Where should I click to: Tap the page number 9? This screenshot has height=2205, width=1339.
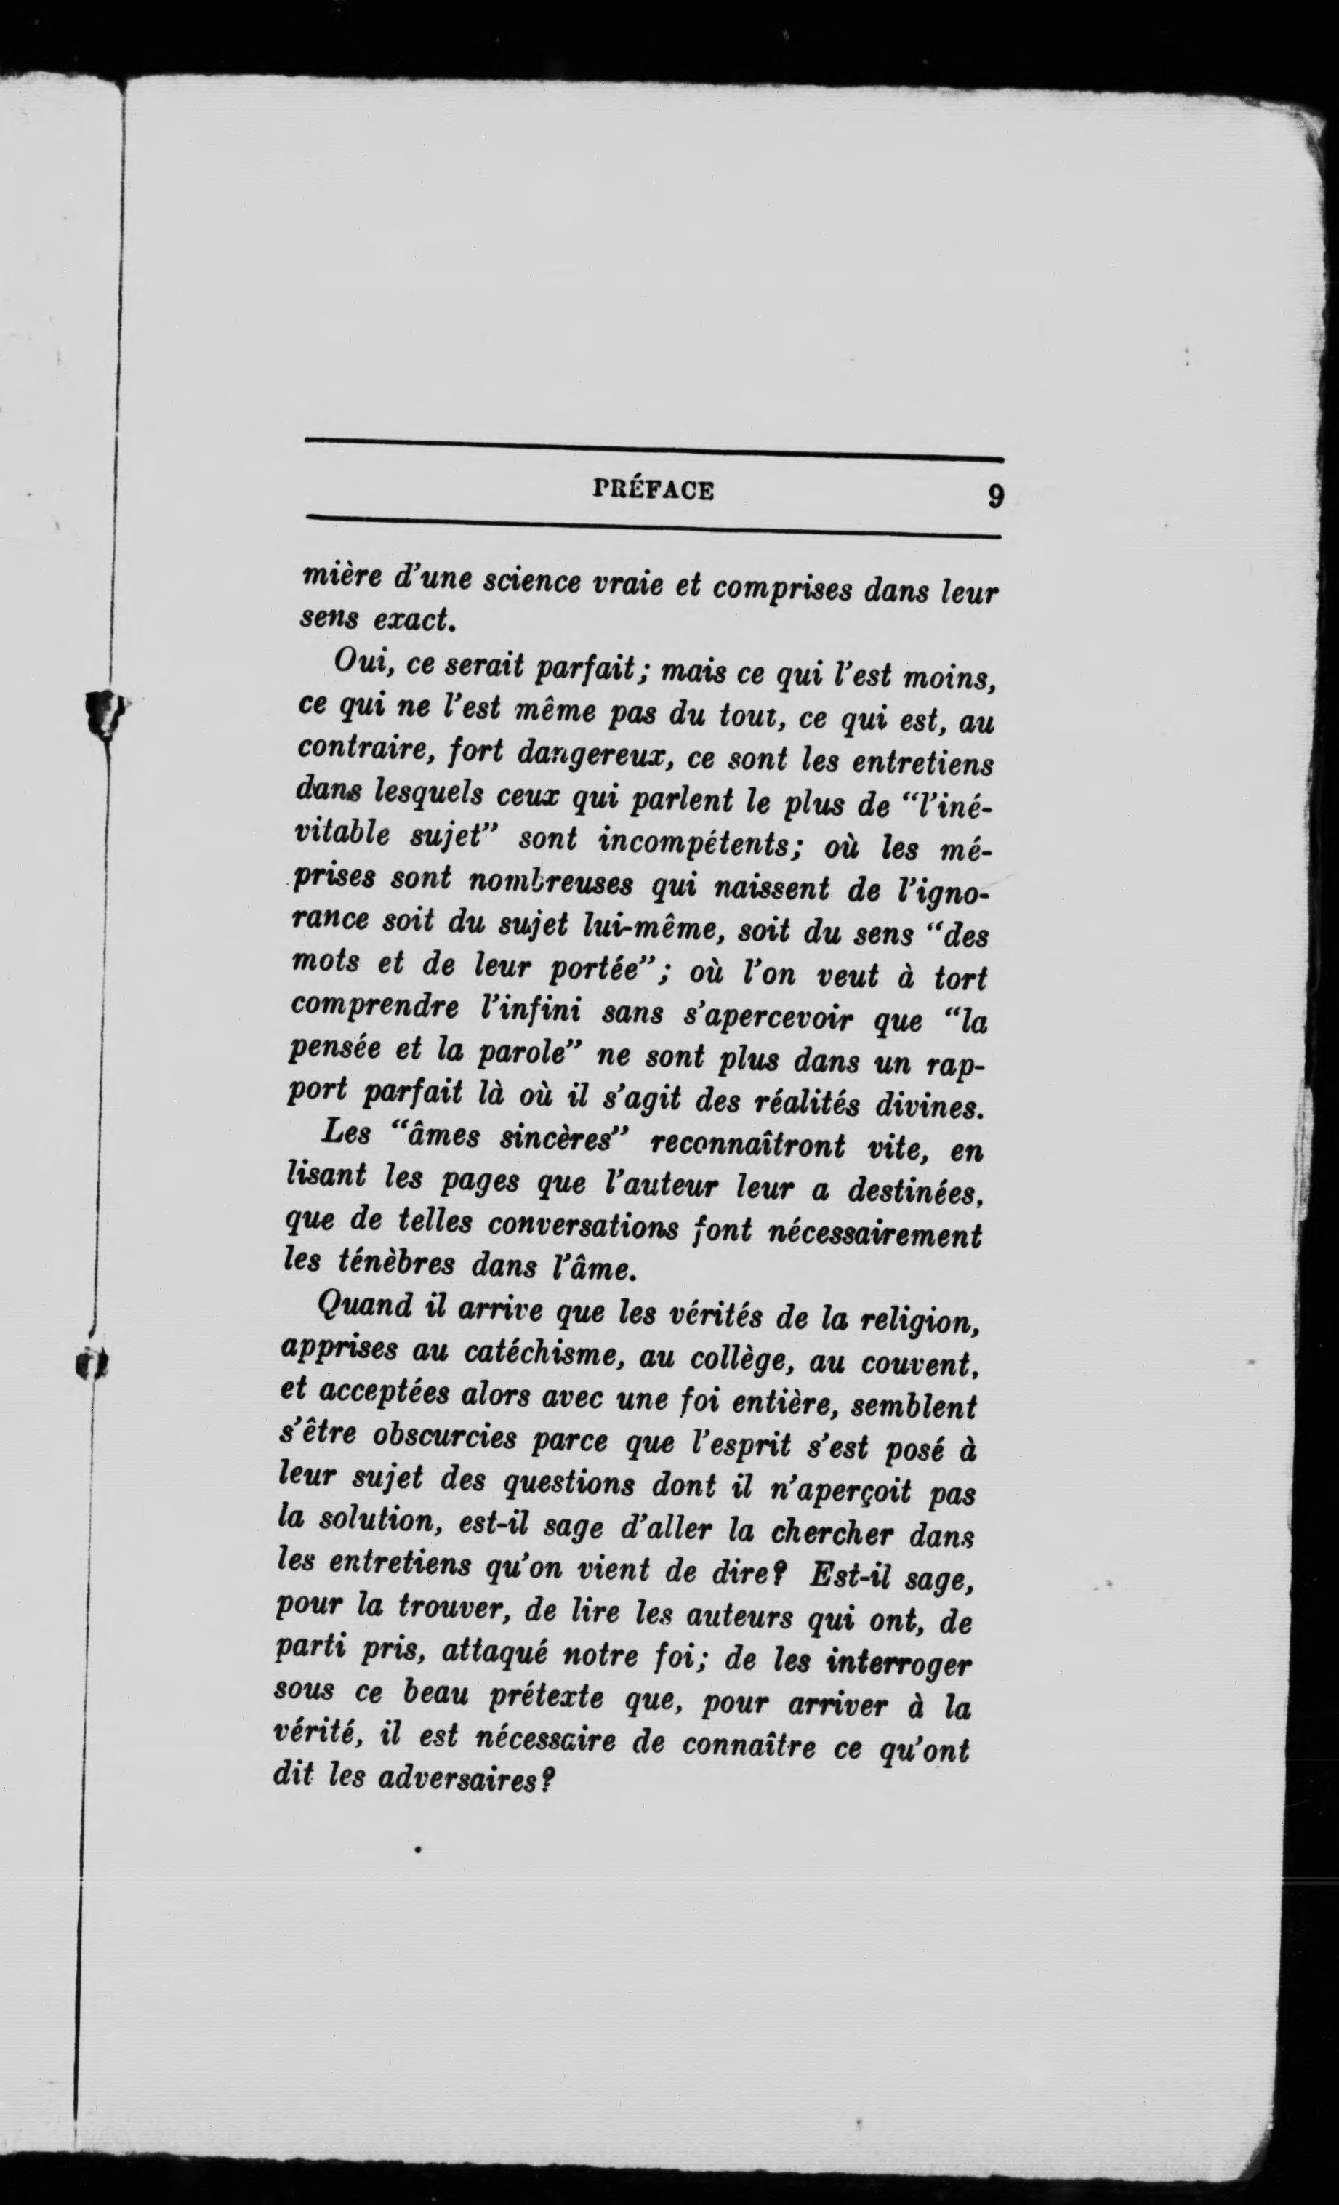click(x=994, y=496)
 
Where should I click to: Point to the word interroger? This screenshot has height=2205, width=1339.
click(x=898, y=1663)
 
